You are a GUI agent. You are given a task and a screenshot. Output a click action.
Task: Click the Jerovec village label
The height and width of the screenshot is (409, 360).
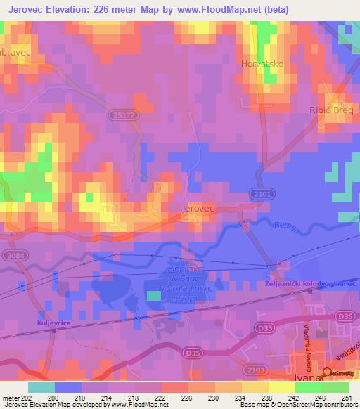tap(197, 209)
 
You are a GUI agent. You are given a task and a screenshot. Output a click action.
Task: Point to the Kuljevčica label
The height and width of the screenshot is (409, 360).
tap(50, 323)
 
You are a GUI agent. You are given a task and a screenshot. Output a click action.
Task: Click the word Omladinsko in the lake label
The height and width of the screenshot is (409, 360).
tap(186, 290)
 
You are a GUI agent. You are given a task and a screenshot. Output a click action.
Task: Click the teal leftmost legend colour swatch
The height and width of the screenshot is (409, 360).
tap(41, 387)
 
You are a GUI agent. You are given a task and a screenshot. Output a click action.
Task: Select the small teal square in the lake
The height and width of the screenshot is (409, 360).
tap(153, 296)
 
